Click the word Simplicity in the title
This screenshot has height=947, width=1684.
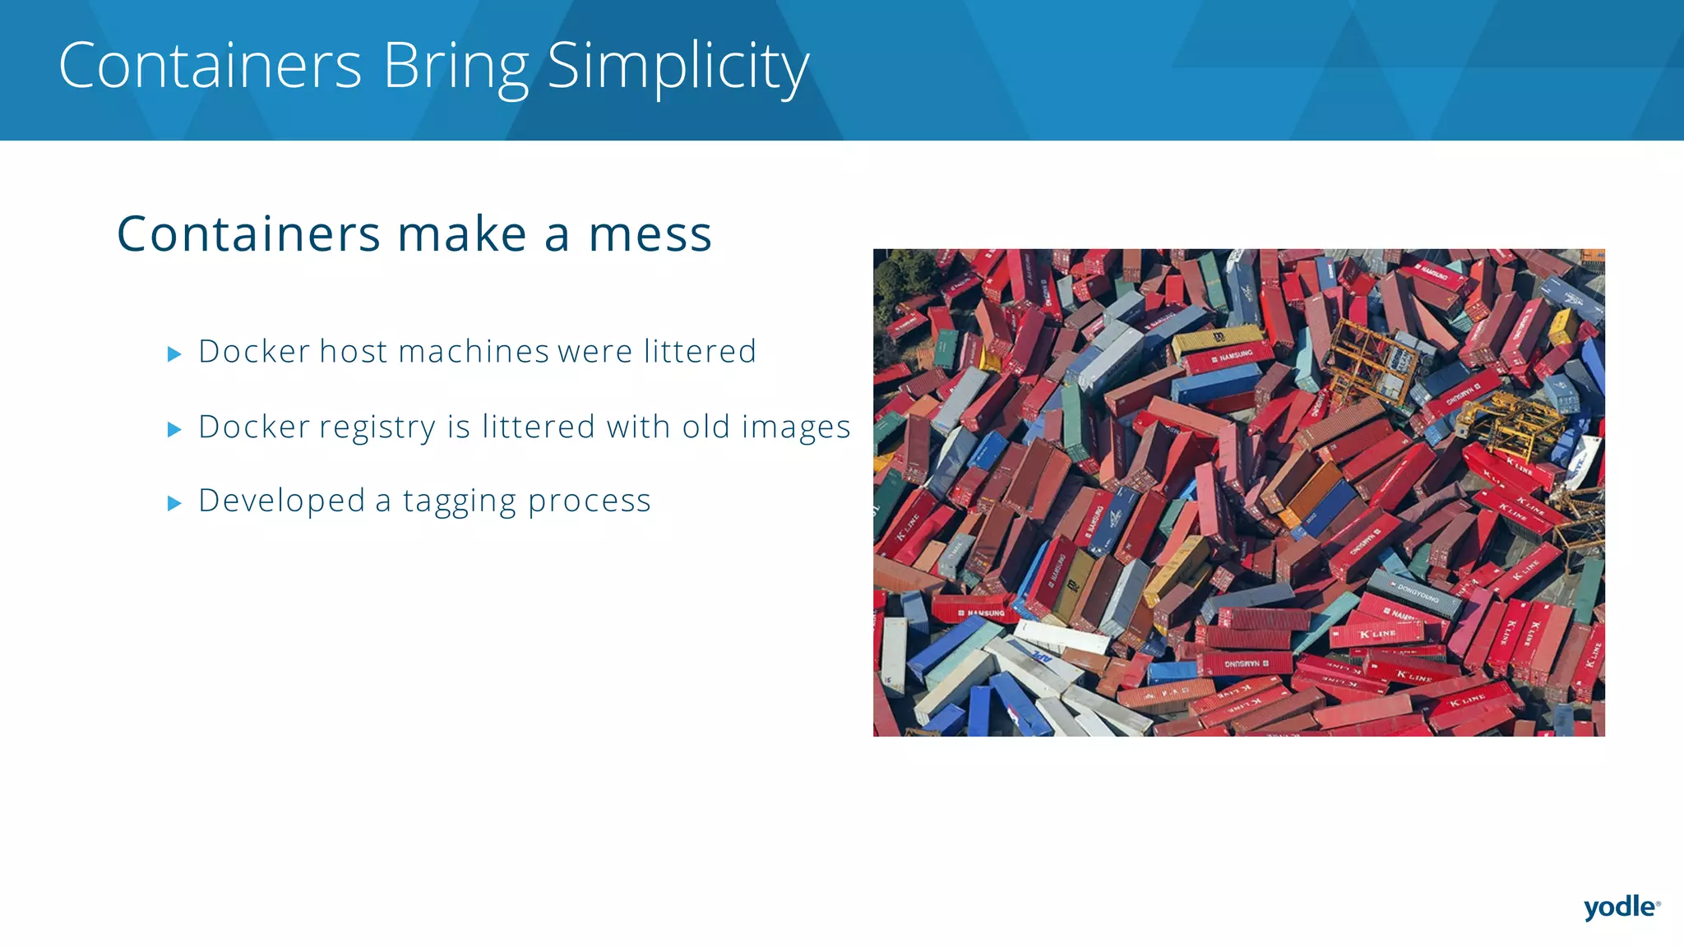point(678,67)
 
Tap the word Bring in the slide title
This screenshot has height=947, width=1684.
point(456,67)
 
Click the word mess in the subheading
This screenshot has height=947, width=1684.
point(650,235)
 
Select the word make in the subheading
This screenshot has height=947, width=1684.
point(461,235)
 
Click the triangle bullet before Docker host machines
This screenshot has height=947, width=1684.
point(173,354)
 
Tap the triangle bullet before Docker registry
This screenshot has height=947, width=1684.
point(173,429)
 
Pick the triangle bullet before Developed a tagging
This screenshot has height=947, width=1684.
point(173,503)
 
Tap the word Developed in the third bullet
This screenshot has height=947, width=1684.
point(281,501)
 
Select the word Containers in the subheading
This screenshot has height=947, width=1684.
point(248,235)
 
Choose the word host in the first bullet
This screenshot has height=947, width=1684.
point(353,352)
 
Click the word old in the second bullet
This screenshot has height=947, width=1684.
point(706,427)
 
